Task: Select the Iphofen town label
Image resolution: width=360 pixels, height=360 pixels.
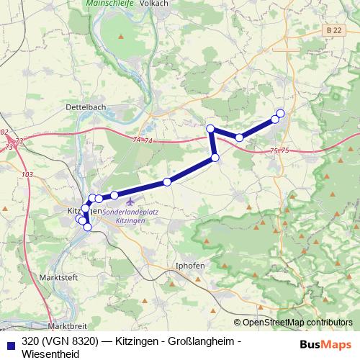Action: coord(190,266)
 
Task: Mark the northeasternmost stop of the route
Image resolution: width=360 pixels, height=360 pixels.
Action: coord(280,112)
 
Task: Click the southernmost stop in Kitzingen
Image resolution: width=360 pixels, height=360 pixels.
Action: coord(88,228)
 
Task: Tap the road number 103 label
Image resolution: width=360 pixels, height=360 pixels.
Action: coord(27,175)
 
